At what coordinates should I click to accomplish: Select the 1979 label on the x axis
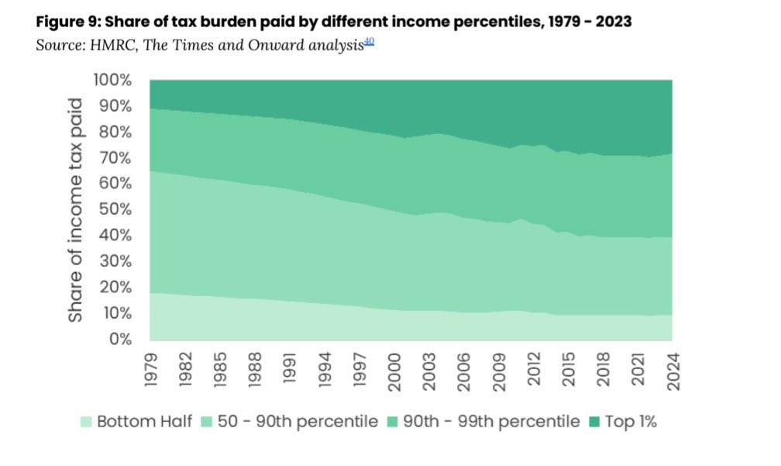151,369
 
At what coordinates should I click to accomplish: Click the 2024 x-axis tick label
672,369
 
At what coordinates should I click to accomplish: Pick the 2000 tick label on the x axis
394,369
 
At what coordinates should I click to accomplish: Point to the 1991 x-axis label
290,369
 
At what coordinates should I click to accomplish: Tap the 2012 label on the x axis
533,369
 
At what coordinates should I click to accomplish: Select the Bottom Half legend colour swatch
86,423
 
